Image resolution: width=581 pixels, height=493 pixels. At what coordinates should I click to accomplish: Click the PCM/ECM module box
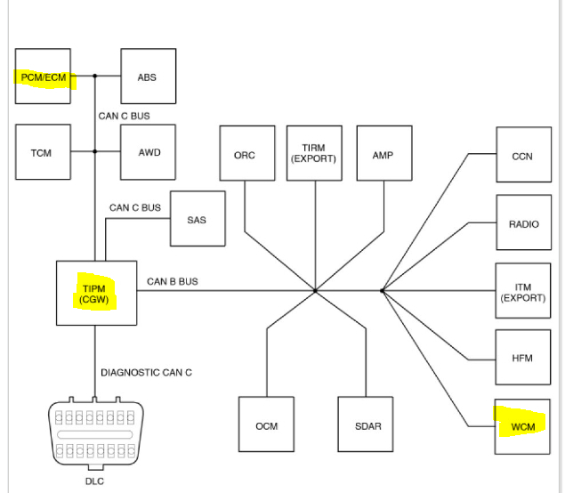(x=43, y=77)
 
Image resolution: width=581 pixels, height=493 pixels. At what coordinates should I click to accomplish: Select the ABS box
(x=147, y=77)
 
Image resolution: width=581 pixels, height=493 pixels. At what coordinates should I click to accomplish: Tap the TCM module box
(x=43, y=152)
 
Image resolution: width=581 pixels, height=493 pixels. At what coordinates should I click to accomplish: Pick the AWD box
(x=149, y=152)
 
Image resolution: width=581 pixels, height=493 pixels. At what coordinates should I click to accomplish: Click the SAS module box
(x=197, y=219)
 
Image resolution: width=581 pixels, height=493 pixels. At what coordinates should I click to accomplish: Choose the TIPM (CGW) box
(x=96, y=293)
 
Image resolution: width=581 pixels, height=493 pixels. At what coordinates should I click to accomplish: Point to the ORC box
(x=245, y=155)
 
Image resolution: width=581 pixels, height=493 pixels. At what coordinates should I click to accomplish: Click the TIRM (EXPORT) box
(x=314, y=154)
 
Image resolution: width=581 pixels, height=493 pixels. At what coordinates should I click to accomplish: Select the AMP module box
(x=383, y=155)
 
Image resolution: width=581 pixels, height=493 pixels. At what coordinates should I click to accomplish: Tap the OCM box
(x=266, y=425)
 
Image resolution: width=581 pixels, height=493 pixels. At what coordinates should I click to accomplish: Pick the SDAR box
(x=367, y=425)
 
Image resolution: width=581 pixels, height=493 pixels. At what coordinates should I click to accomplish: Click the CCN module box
(x=523, y=155)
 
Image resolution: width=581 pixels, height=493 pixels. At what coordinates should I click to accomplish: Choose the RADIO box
(x=523, y=223)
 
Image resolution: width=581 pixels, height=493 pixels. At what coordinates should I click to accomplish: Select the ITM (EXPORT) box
(x=523, y=291)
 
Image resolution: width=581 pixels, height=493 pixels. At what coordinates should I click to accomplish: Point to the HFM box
(x=523, y=358)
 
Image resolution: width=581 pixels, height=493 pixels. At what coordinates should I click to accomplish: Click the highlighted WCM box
(x=523, y=426)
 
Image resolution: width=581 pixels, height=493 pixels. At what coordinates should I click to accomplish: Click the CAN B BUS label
(x=173, y=282)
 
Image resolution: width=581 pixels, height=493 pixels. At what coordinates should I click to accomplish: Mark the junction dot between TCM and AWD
(x=95, y=152)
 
